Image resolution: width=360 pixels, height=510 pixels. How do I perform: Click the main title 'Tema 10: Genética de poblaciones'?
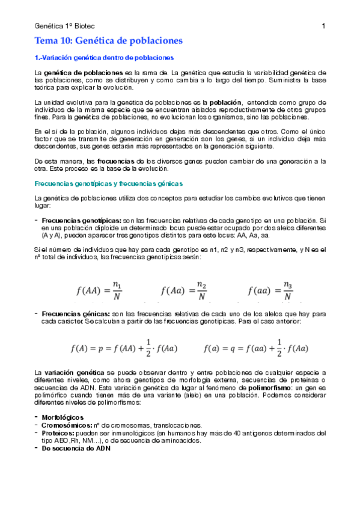click(x=108, y=41)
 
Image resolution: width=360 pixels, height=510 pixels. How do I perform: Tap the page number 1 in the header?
click(x=323, y=26)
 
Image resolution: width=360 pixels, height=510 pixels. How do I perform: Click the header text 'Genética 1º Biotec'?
click(x=65, y=26)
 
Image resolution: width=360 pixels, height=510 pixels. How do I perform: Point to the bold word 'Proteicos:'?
click(x=59, y=432)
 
